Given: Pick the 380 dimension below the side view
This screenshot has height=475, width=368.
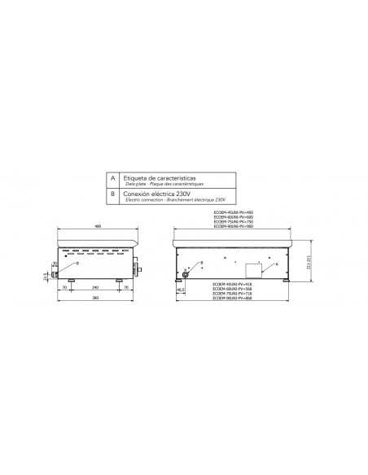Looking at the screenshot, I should (x=95, y=299).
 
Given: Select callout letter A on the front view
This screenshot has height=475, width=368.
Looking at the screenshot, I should (x=278, y=265).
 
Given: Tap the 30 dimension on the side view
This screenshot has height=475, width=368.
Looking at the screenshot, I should (x=55, y=264).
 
